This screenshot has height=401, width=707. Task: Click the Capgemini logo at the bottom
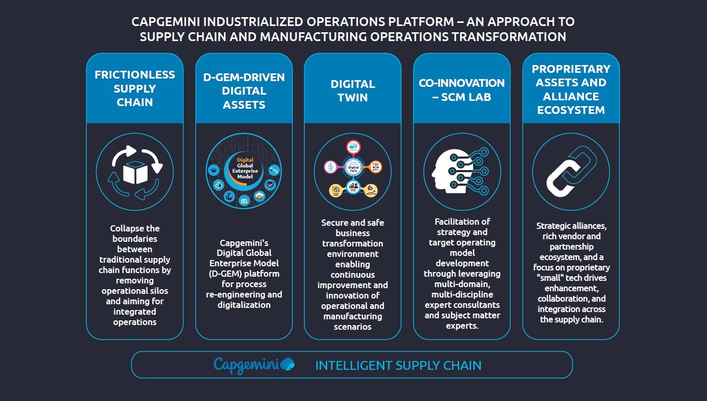[254, 365]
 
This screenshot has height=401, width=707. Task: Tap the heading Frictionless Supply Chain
[135, 88]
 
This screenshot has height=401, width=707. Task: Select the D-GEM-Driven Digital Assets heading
[244, 91]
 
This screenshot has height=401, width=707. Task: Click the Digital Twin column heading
[353, 91]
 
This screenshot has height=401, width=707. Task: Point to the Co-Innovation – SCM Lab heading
[462, 89]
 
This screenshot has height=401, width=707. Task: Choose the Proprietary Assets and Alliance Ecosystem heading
[571, 89]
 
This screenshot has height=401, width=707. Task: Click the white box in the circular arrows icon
[135, 173]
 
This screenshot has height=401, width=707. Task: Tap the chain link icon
[571, 172]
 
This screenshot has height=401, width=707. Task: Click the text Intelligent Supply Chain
[398, 366]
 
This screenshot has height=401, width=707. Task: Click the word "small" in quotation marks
[554, 278]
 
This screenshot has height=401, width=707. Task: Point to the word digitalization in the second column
[244, 305]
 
